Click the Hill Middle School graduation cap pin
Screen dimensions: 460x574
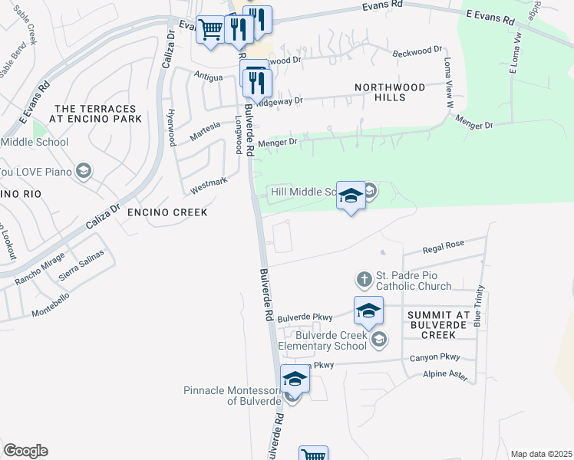point(351,195)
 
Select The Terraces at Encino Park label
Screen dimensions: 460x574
point(97,113)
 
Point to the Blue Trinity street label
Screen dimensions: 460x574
point(479,306)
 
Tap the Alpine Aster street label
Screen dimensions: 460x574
point(445,374)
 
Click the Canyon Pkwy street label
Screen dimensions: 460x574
point(434,357)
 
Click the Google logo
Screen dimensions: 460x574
point(25,451)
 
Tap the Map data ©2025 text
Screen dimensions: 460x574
point(541,454)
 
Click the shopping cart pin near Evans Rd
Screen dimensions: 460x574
point(210,31)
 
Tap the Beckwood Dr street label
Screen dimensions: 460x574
point(417,51)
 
